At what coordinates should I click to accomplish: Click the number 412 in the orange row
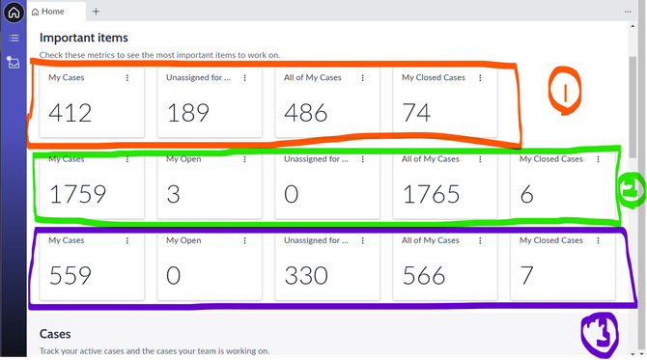tap(70, 113)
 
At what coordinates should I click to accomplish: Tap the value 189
tap(187, 113)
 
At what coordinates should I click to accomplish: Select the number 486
tap(306, 113)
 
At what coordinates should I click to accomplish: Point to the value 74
tap(416, 113)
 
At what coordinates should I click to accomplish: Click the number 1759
tap(77, 194)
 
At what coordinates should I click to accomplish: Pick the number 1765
tap(431, 194)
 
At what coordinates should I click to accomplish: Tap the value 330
tap(306, 275)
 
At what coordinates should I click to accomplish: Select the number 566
tap(424, 275)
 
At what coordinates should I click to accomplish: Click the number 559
tap(70, 275)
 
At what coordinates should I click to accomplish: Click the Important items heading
tap(84, 38)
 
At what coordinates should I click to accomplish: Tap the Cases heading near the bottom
tap(55, 334)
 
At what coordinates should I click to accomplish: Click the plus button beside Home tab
tap(96, 12)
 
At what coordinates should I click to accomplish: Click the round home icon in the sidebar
tap(14, 13)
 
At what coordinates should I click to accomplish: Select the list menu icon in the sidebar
tap(14, 39)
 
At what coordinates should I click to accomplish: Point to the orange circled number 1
tap(565, 91)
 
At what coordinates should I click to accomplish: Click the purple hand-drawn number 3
tap(600, 334)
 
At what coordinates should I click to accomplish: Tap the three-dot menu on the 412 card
tap(127, 77)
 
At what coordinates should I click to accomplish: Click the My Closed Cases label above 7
tap(550, 240)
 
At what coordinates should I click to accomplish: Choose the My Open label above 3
tap(183, 159)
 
